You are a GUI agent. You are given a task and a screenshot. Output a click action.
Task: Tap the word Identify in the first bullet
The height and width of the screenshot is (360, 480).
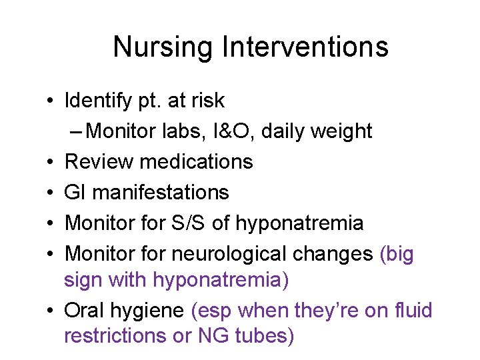(x=93, y=101)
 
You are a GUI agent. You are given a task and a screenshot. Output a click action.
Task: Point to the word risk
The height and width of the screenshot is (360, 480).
(x=206, y=101)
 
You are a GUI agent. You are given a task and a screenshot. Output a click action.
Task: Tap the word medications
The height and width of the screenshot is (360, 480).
(x=195, y=162)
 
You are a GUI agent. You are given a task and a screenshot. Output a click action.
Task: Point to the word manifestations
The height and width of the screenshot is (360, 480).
(x=161, y=193)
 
